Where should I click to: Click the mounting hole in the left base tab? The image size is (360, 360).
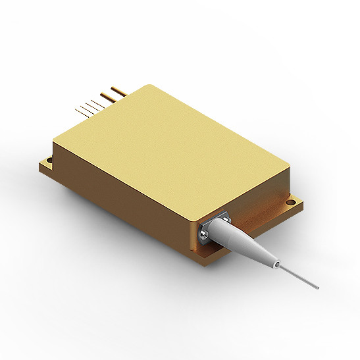[49, 161]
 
